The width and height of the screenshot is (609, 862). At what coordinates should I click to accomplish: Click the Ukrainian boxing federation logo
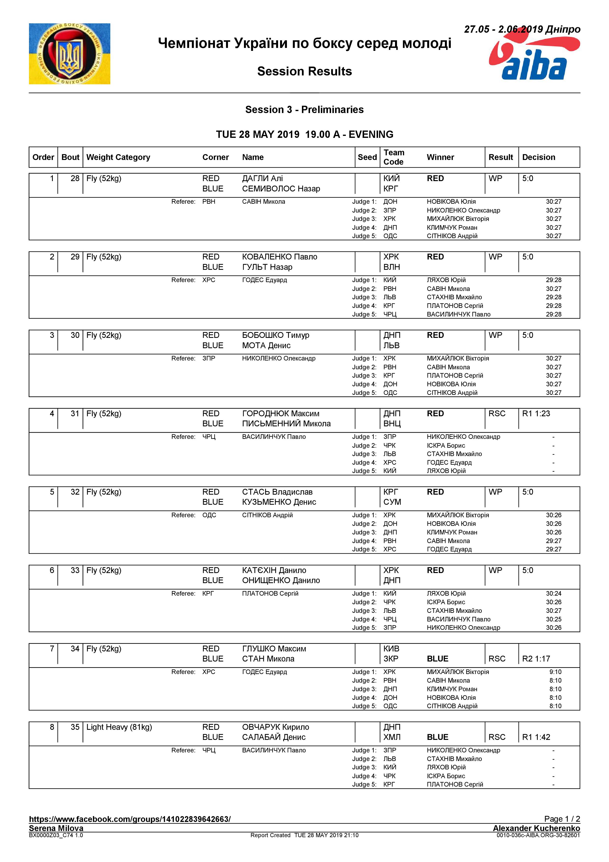70,54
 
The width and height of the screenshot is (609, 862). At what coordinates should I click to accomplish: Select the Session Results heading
304,71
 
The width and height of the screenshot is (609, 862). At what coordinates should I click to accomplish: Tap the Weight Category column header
118,157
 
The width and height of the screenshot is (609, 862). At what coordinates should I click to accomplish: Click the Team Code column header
394,157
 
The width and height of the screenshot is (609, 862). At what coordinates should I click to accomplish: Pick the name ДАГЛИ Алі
262,179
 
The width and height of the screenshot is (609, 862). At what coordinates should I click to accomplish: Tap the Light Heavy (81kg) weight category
119,727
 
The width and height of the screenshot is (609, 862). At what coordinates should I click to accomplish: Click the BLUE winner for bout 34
438,659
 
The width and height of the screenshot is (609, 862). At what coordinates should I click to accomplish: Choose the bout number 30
75,335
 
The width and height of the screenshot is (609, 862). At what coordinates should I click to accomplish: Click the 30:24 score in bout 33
553,594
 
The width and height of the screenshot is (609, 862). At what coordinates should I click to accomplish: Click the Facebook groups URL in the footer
130,819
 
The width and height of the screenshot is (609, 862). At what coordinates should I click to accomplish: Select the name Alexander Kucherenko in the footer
536,828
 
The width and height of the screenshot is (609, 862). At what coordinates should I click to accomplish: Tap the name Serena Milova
56,828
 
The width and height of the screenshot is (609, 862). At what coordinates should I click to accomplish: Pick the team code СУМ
392,502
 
